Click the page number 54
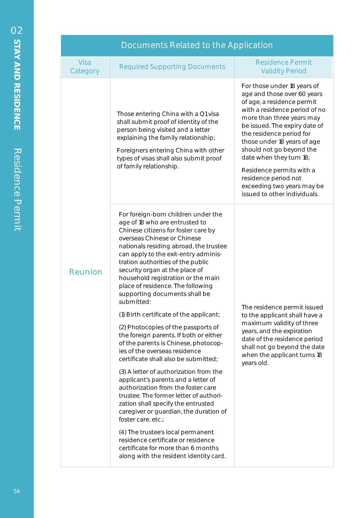point(17,491)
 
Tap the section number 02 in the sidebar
point(17,31)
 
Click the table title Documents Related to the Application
point(197,45)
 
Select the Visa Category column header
point(85,67)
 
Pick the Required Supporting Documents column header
point(172,67)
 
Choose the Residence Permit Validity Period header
point(283,67)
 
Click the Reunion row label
point(85,272)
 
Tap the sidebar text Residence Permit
point(17,190)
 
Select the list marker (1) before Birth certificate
point(122,314)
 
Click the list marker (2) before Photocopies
point(122,327)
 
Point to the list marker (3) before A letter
point(122,372)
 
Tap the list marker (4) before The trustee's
point(123,432)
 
